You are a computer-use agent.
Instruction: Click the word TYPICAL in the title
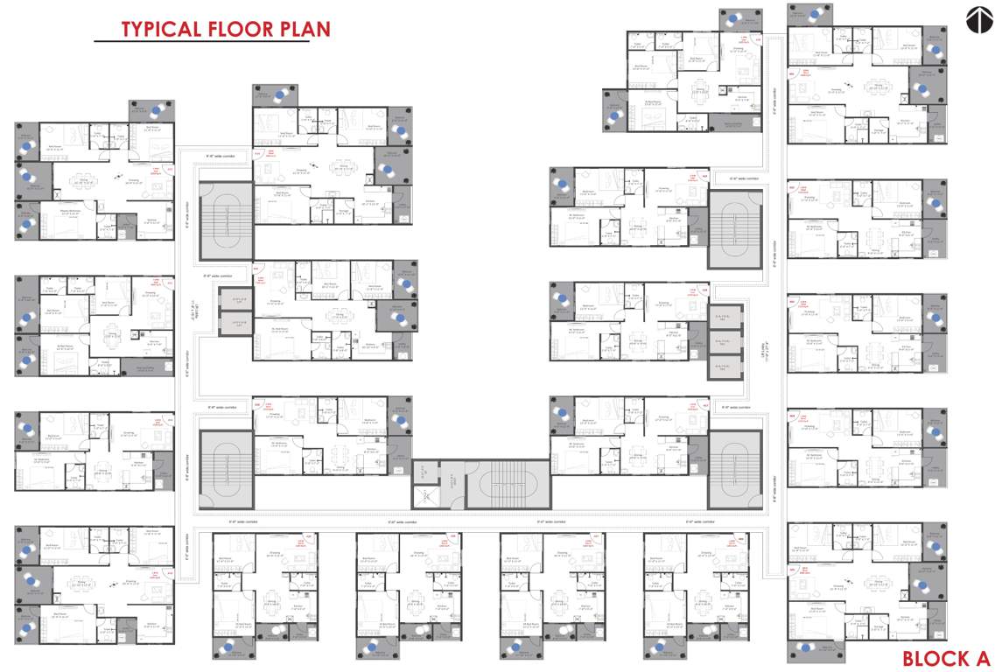pos(160,29)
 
